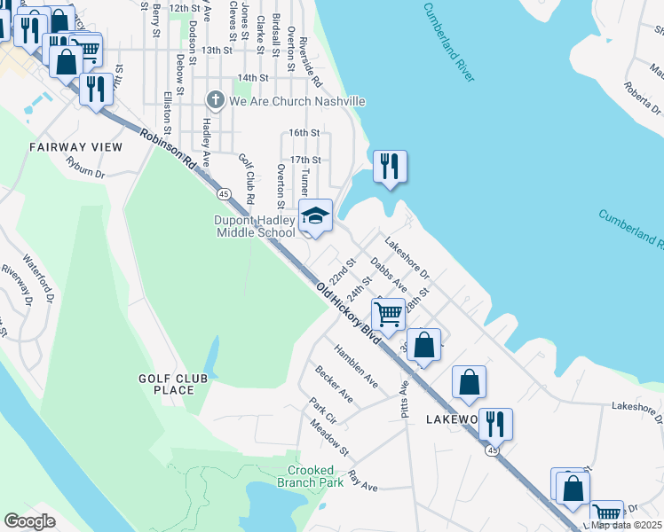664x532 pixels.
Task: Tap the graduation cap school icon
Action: [x=315, y=215]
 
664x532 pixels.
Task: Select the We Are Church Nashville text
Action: [x=296, y=101]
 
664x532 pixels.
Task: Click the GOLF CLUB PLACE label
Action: [x=173, y=384]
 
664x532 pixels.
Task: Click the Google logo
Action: [x=29, y=521]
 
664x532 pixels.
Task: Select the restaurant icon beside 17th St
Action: [x=390, y=166]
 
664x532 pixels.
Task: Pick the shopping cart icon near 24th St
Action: [x=388, y=313]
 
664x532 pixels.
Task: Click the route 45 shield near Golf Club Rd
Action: [x=224, y=193]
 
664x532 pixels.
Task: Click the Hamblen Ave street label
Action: [x=356, y=371]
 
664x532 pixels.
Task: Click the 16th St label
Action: [x=304, y=133]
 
